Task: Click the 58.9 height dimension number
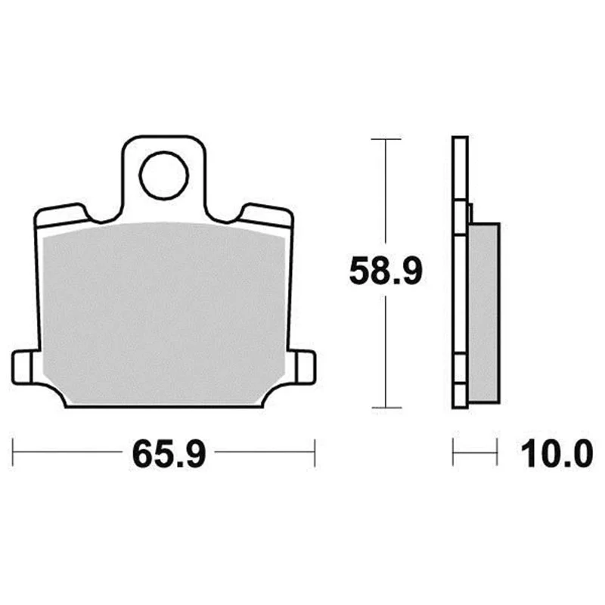(x=386, y=271)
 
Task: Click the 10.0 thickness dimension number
(x=557, y=455)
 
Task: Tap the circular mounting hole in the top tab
(x=163, y=175)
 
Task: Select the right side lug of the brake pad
(x=305, y=368)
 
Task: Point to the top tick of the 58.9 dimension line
(x=386, y=139)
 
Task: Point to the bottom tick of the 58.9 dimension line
(x=386, y=408)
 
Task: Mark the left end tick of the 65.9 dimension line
(x=13, y=452)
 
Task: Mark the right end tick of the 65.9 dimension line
(x=315, y=452)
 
